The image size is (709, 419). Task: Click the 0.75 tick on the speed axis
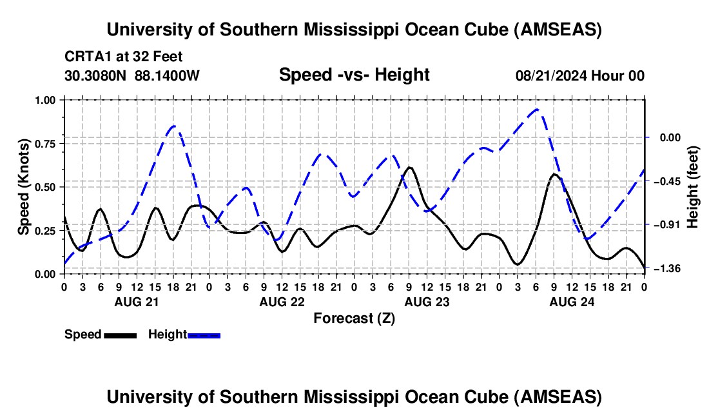click(46, 143)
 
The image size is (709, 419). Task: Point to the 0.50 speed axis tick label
click(46, 187)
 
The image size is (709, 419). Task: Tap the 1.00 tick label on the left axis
click(46, 100)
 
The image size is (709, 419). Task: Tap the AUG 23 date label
click(426, 302)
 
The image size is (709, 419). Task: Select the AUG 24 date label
click(571, 302)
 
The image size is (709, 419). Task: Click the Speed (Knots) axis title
click(24, 187)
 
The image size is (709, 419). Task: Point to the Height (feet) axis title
click(694, 187)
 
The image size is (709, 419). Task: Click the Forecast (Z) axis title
click(354, 318)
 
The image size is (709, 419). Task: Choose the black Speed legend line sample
click(120, 335)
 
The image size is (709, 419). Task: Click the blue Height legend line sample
click(204, 335)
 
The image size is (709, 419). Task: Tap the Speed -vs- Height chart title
click(354, 75)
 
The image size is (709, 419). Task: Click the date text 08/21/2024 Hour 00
click(579, 76)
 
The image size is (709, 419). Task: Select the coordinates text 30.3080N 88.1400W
click(132, 76)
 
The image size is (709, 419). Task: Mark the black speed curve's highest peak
click(409, 168)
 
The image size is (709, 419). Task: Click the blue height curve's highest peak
click(537, 110)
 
